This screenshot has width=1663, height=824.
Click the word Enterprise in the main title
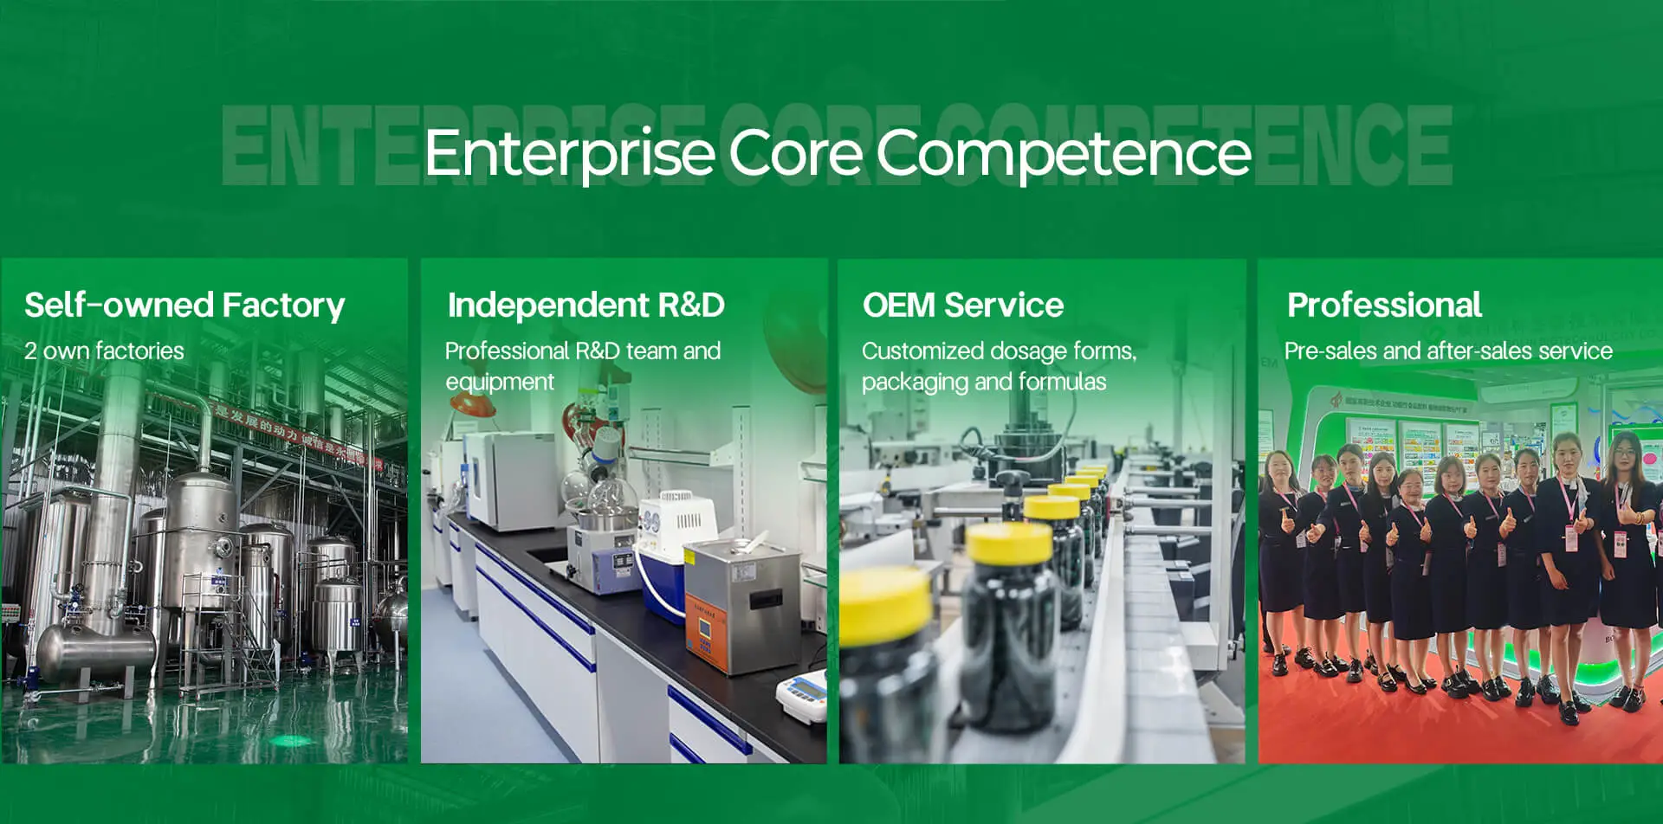pyautogui.click(x=568, y=153)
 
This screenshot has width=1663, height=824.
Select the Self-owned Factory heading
pyautogui.click(x=184, y=306)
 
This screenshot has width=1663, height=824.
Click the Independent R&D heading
pyautogui.click(x=586, y=306)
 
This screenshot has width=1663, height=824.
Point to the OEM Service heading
pyautogui.click(x=962, y=306)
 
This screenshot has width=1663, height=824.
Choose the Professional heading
pyautogui.click(x=1384, y=306)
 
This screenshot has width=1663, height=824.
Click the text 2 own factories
pyautogui.click(x=104, y=351)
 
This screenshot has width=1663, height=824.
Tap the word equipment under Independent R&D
pyautogui.click(x=500, y=382)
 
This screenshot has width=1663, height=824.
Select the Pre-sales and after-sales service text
pyautogui.click(x=1448, y=351)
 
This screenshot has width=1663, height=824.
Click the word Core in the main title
pyautogui.click(x=795, y=153)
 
